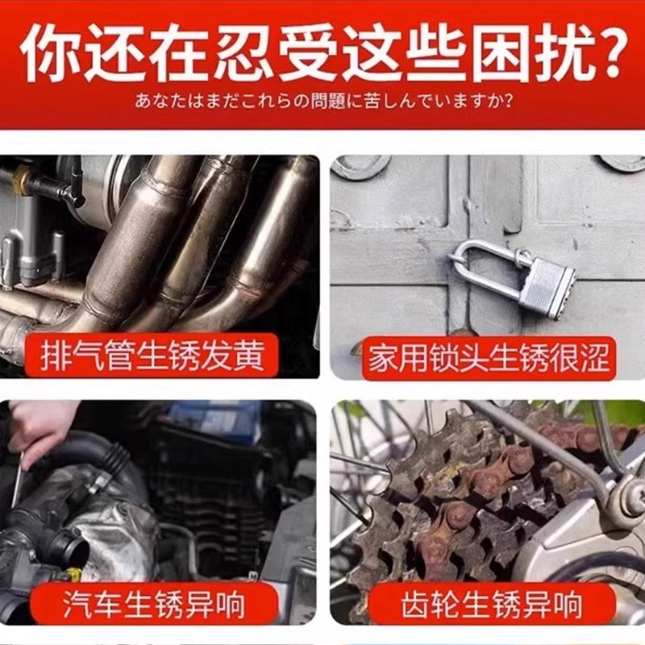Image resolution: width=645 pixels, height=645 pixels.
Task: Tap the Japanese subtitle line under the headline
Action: [x=322, y=103]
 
